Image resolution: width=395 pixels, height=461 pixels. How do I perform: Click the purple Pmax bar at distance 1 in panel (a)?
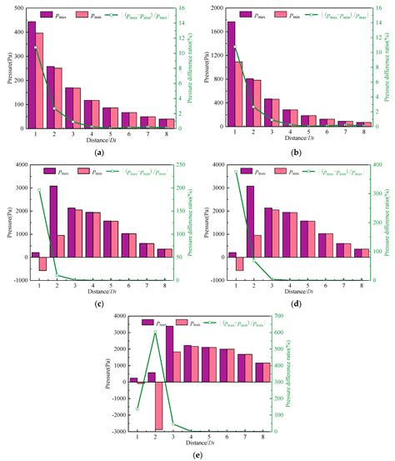pos(31,75)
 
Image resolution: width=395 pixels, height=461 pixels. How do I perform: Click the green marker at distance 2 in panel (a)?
pos(55,109)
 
